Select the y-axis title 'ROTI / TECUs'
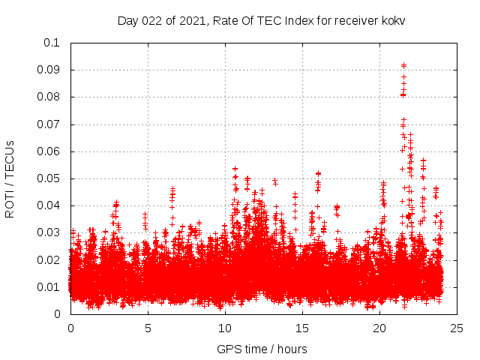pos(10,178)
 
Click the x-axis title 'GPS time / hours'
pos(262,349)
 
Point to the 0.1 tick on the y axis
pos(52,43)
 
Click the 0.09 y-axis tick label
pos(49,70)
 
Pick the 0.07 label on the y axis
pos(49,124)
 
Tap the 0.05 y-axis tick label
pos(49,178)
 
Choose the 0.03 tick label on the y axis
pos(49,232)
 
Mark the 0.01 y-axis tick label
pos(49,287)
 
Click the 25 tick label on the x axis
pos(457,328)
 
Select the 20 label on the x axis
pos(380,328)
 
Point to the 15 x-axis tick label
pos(303,328)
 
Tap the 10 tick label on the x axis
pos(226,328)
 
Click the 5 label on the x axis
pos(148,328)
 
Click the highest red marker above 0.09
pos(403,65)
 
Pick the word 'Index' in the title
pos(298,21)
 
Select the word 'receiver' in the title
pos(355,21)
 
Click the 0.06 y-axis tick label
pos(49,151)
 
